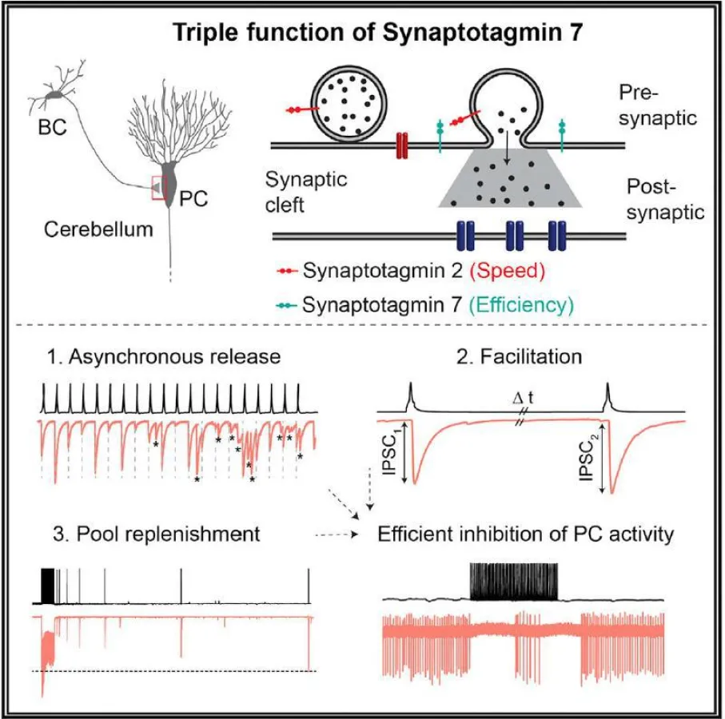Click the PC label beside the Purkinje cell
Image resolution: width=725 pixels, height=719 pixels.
click(194, 198)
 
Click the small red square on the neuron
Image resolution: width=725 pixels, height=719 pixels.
click(160, 188)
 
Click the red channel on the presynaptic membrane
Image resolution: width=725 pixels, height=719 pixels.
click(402, 144)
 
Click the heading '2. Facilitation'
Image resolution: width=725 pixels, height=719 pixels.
click(531, 356)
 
